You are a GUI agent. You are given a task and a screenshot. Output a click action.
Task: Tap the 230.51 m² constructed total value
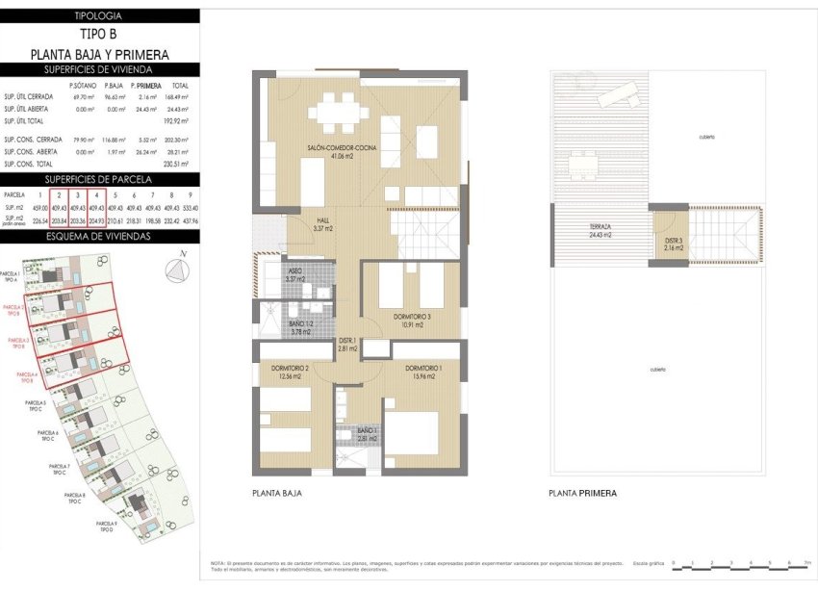[178, 165]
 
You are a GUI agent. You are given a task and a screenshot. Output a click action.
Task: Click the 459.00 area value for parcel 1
[40, 206]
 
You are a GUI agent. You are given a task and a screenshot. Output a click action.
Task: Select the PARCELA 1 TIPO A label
[11, 277]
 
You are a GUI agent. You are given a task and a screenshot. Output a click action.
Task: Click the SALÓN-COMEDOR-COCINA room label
[343, 151]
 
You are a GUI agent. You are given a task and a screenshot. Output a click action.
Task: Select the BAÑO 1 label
[366, 434]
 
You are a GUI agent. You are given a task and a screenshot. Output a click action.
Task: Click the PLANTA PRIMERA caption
[582, 493]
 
